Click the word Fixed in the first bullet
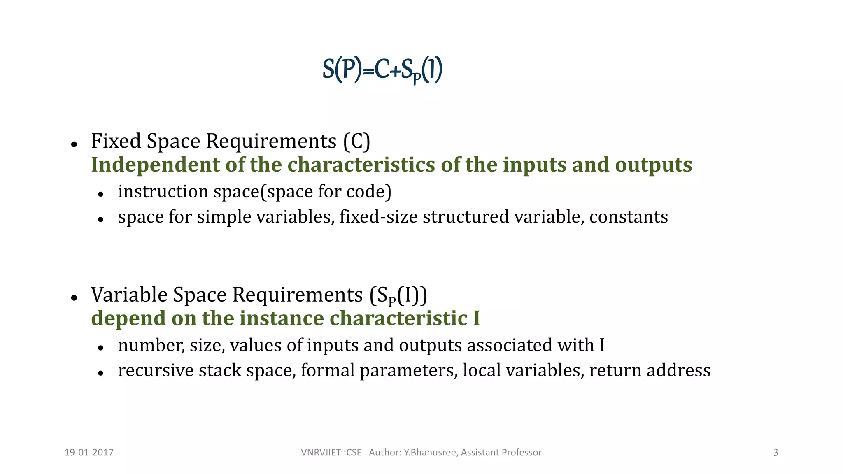coord(116,141)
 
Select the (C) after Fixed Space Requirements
coord(357,141)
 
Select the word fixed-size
coord(379,217)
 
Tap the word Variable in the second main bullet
coord(129,295)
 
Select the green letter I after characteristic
coord(476,318)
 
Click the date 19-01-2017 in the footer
coord(89,453)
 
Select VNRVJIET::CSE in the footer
coord(331,453)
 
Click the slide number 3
coord(775,453)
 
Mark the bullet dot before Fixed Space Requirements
coord(74,144)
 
